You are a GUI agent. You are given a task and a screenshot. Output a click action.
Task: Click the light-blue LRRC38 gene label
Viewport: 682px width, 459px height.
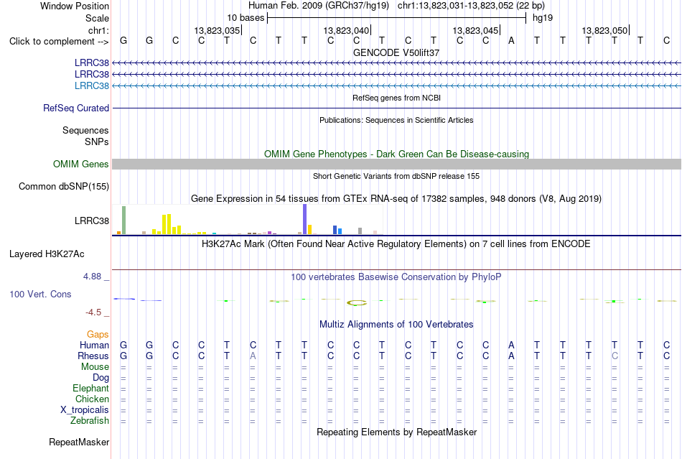click(92, 85)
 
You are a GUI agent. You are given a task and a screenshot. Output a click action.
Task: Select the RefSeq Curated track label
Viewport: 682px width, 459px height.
click(76, 108)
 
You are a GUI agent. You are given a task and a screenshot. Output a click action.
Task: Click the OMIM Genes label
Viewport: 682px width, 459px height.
click(81, 164)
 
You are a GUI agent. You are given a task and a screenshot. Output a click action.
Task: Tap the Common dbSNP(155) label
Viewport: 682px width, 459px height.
click(64, 186)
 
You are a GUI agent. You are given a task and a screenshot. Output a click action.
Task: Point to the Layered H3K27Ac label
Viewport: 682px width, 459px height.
click(47, 254)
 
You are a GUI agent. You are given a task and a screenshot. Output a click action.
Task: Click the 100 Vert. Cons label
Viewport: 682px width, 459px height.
click(40, 294)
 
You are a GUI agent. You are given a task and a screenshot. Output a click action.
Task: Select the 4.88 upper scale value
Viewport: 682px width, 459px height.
click(92, 277)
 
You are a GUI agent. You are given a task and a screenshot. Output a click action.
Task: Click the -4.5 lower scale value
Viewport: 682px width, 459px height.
click(93, 312)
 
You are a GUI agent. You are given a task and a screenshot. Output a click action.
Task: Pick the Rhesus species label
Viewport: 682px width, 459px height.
click(93, 356)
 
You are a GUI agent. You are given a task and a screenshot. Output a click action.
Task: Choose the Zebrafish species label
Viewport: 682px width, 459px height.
click(90, 421)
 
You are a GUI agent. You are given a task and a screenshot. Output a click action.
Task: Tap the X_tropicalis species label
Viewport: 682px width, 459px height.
click(85, 410)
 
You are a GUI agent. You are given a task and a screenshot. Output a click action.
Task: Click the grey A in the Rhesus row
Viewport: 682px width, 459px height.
click(253, 356)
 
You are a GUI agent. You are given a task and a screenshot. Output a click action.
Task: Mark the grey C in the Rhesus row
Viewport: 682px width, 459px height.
click(615, 356)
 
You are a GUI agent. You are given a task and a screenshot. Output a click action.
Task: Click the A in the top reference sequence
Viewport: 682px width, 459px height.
click(511, 40)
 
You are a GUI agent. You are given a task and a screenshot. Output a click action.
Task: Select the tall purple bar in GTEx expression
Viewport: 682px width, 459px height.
click(304, 219)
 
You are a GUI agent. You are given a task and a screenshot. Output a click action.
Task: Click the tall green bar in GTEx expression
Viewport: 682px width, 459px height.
click(123, 220)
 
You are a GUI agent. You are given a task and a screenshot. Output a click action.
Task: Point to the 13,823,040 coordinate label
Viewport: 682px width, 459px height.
click(346, 30)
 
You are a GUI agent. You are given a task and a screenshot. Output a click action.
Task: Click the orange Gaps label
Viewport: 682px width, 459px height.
click(98, 334)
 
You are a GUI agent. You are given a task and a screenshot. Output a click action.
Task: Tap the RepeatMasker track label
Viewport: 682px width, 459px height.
click(79, 442)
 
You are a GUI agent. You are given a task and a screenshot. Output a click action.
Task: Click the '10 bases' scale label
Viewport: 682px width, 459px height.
click(246, 18)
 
